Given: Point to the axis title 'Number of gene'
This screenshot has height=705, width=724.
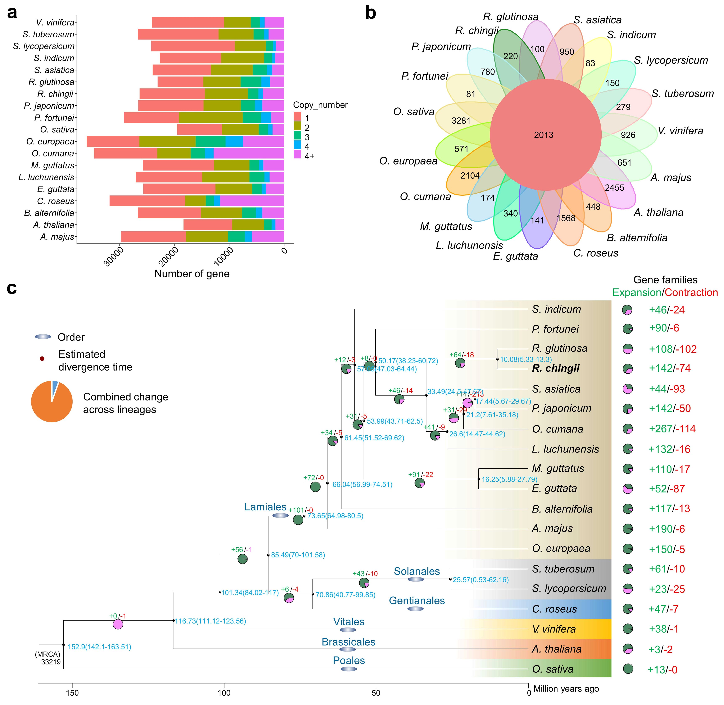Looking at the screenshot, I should pos(192,274).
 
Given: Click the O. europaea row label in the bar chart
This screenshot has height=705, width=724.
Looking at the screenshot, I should pos(50,142).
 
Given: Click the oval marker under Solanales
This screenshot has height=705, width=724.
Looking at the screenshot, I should pos(416,579).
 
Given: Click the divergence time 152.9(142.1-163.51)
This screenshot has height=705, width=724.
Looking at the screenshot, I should pos(99,647).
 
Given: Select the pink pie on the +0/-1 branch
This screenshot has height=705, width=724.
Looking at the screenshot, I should pos(118,624).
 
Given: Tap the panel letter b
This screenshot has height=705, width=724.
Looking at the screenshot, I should pos(370,13).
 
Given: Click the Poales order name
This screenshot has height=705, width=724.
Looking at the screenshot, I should pos(349,660).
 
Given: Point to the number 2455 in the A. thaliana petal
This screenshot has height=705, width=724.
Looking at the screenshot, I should pos(614,188).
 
